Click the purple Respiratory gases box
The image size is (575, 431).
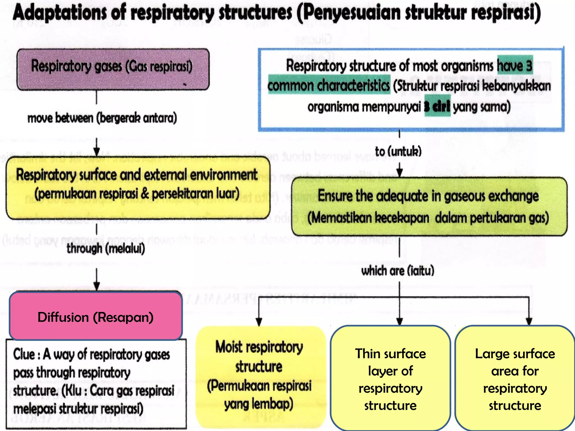click(113, 69)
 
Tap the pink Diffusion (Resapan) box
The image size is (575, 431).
click(96, 317)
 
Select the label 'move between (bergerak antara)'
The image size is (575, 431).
click(102, 118)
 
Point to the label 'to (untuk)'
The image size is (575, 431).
click(398, 151)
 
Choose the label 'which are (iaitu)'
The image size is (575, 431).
click(398, 271)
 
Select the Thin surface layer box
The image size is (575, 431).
click(390, 379)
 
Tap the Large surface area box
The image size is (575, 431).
click(515, 379)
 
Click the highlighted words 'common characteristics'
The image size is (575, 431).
click(329, 85)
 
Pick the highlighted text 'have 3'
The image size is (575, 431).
click(515, 65)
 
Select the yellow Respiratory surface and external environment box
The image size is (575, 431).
click(138, 187)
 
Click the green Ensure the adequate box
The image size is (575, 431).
click(429, 207)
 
